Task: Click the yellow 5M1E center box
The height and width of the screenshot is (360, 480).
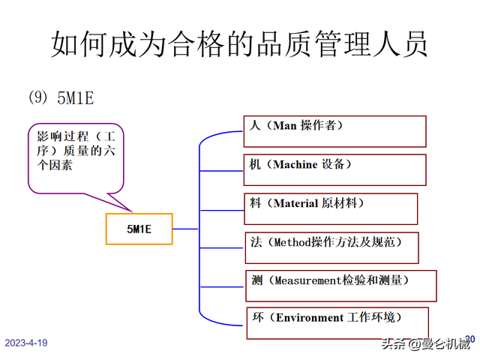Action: (139, 229)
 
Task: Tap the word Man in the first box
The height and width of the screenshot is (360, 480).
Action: (285, 126)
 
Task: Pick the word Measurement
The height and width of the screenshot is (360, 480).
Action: (307, 280)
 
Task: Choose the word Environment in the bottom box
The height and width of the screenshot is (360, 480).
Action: (309, 317)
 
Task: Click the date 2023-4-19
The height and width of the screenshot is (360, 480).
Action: (26, 343)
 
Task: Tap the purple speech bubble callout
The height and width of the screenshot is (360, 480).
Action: (75, 153)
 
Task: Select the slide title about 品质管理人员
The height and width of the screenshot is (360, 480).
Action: (239, 43)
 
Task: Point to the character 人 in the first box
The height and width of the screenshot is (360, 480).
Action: (254, 126)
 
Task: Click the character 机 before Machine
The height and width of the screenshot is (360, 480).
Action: (255, 164)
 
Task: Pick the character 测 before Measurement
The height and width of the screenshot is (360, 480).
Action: (257, 280)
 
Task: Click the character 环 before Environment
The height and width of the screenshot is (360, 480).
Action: (257, 317)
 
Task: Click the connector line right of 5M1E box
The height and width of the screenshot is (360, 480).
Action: (185, 229)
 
